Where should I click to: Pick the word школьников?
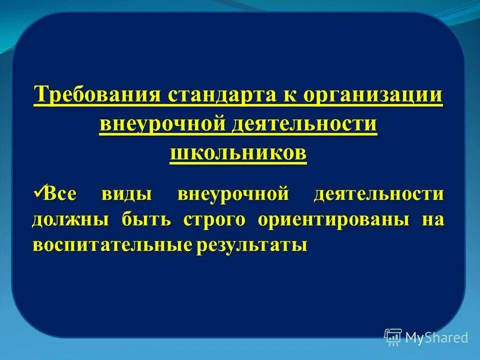pyautogui.click(x=238, y=153)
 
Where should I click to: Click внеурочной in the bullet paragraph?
pyautogui.click(x=233, y=194)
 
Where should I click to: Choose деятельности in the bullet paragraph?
pyautogui.click(x=378, y=194)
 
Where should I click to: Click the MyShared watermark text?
pyautogui.click(x=436, y=337)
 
